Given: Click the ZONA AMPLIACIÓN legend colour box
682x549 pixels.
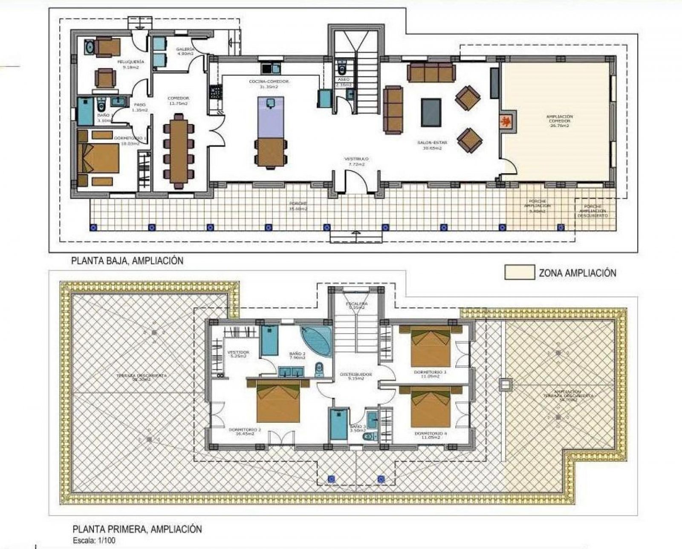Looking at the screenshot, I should click(x=519, y=272).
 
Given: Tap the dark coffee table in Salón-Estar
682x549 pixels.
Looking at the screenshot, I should click(x=431, y=113).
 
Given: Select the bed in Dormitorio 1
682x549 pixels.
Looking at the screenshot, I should click(x=98, y=158).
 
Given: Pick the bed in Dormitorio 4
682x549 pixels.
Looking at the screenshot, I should click(x=431, y=407).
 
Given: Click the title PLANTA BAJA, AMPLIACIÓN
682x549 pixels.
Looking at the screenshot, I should click(x=127, y=260).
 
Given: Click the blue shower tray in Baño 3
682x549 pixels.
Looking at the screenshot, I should click(x=339, y=424).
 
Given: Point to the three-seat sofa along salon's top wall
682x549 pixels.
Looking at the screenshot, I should click(x=431, y=73).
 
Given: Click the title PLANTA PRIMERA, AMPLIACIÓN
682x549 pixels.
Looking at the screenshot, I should click(x=136, y=529).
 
